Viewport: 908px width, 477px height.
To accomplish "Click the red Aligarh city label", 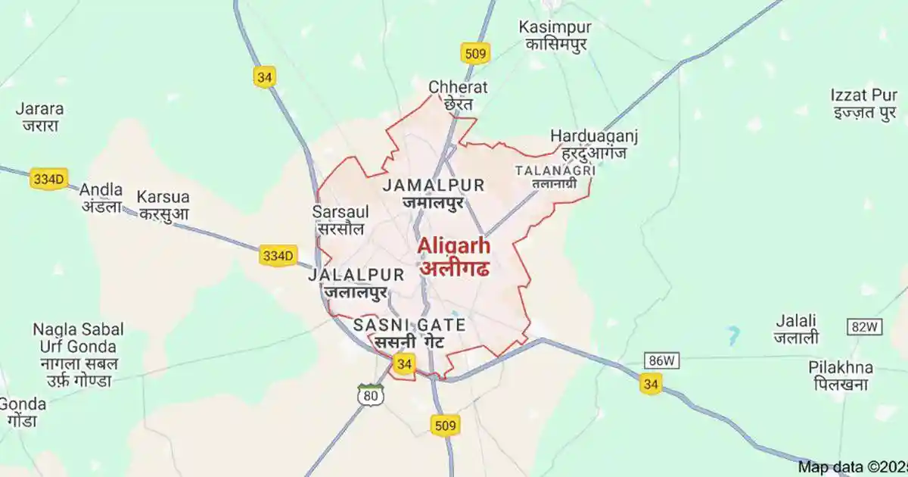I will (x=454, y=257).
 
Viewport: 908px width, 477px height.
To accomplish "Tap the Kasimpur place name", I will (x=555, y=35).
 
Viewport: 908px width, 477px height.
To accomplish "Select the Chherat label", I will (x=458, y=95).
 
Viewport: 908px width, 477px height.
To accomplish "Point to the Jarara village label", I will (x=39, y=117).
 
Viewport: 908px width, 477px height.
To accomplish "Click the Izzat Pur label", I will (x=863, y=104).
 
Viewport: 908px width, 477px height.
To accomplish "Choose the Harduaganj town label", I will (x=594, y=144).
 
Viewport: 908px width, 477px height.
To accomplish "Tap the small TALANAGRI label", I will (x=555, y=176).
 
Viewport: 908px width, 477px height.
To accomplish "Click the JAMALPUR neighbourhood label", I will (x=434, y=193).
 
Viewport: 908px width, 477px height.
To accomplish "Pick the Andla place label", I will (x=101, y=197).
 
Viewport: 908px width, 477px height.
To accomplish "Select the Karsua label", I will (x=163, y=204).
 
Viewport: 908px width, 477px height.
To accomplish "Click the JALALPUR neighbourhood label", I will (x=356, y=282).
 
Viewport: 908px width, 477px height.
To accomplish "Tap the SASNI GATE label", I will (x=409, y=333).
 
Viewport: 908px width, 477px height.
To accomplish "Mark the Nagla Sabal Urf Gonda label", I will (x=78, y=354).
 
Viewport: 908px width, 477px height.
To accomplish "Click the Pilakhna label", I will (x=840, y=376).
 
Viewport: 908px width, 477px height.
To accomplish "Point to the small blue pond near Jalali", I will (x=732, y=334).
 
